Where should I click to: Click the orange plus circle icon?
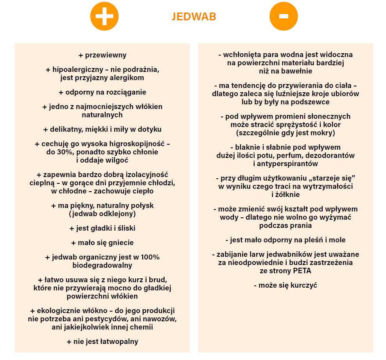point(104,16)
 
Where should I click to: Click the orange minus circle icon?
point(284,16)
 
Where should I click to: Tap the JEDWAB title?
point(194,16)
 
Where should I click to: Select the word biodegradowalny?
point(102,265)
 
